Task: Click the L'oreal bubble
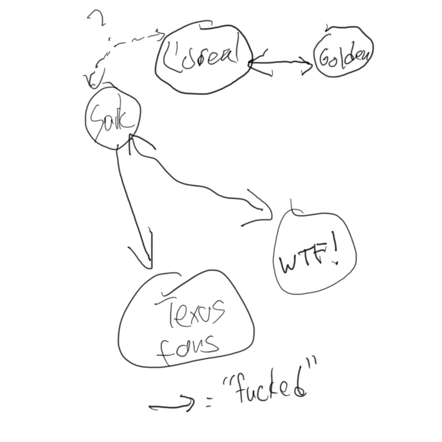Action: (204, 57)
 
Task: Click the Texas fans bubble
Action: (187, 321)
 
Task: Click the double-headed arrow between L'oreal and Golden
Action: (282, 65)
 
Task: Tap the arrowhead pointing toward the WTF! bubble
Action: (259, 209)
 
